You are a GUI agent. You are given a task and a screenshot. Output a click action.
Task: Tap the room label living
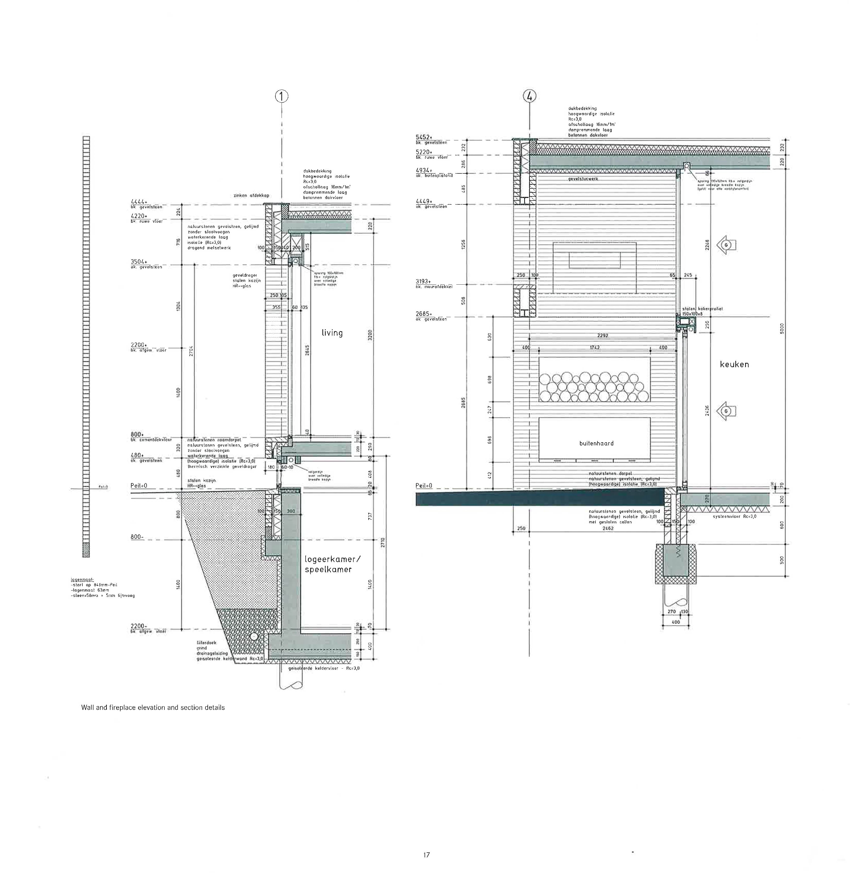click(x=332, y=333)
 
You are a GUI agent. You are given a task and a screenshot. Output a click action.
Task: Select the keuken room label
click(x=734, y=364)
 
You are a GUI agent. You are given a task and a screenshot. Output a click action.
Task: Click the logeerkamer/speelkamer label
click(x=332, y=564)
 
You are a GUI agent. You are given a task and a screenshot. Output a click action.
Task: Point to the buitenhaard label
click(x=596, y=443)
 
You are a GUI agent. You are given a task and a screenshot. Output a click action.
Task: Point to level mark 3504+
click(x=139, y=262)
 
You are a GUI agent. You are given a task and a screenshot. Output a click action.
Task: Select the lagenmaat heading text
click(x=79, y=580)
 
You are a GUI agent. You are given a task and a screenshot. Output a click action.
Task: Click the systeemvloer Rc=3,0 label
click(x=735, y=516)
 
